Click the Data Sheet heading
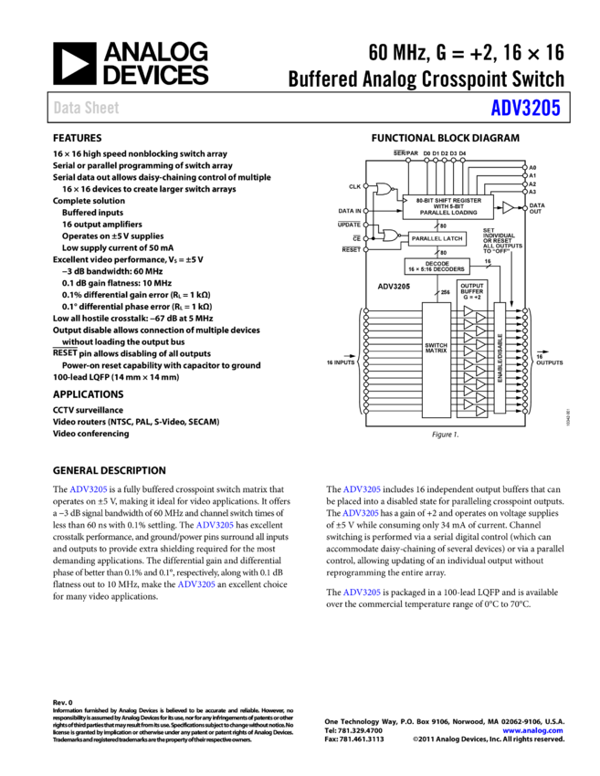86,108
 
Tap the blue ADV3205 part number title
525,108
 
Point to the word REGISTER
464,200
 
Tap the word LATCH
451,238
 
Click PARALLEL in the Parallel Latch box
426,238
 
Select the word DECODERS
447,269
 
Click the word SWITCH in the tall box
436,345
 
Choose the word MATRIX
436,351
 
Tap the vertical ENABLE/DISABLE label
500,358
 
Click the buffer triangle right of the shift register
508,208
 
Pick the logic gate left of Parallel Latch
391,236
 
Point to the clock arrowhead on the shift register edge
405,200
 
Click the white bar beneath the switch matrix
441,423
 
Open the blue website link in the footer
532,730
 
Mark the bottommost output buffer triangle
480,410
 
